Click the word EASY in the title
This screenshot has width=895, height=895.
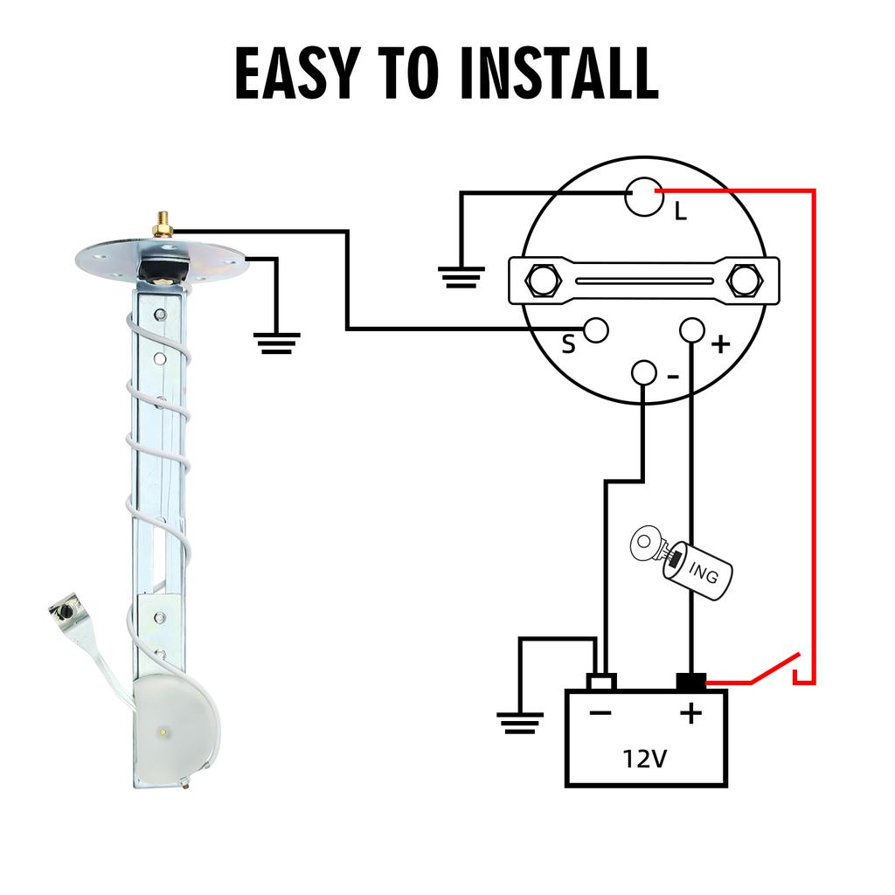pos(298,73)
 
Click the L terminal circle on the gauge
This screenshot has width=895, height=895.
pos(644,197)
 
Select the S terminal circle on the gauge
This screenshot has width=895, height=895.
pos(596,330)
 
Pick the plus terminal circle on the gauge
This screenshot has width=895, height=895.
pos(692,330)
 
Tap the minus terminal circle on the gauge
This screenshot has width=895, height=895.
pos(644,372)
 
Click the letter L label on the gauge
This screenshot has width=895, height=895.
pos(680,212)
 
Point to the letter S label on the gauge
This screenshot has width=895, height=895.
pos(568,344)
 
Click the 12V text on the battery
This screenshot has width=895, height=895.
pos(645,760)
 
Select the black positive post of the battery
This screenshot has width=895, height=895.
pos(691,682)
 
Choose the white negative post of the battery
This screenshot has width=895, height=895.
pos(601,682)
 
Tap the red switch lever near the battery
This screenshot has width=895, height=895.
pos(775,667)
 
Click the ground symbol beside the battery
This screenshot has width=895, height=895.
pos(520,723)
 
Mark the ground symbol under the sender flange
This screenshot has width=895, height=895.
pos(277,343)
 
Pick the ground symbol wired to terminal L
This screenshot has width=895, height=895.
pos(461,277)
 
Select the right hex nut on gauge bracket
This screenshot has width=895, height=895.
pos(746,281)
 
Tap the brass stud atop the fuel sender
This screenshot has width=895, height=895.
pos(163,225)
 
